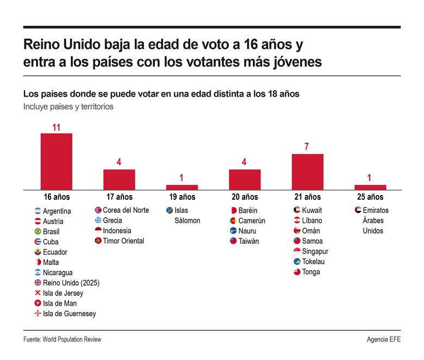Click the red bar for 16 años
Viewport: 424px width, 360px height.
coord(57,161)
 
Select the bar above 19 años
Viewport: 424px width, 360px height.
coord(182,187)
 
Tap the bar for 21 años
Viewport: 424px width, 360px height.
coord(308,172)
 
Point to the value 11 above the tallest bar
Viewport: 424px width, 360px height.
coord(56,128)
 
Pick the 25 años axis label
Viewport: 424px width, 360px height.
coord(370,197)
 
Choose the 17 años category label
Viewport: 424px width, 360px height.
coord(119,197)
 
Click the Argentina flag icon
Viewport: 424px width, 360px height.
coord(38,211)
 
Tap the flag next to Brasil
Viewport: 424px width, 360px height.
coord(38,231)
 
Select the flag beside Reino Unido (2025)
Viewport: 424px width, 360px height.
coord(38,283)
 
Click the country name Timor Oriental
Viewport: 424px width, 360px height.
coord(123,241)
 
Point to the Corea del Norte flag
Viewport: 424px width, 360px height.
coord(98,210)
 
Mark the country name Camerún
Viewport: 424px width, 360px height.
coord(252,220)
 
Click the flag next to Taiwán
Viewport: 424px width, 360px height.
coord(233,241)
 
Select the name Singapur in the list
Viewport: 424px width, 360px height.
coord(315,251)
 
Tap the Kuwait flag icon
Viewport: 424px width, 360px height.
coord(297,210)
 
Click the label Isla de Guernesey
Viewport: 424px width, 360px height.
coord(69,314)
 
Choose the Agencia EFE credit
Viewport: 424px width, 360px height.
coord(384,339)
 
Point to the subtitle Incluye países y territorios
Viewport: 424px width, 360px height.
coord(68,107)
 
